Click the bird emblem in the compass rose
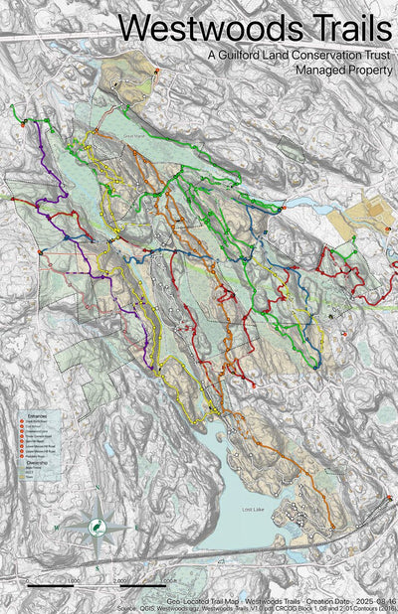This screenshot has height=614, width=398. click(99, 530)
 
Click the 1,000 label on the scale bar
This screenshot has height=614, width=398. click(73, 581)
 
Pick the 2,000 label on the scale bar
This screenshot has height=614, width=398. click(119, 581)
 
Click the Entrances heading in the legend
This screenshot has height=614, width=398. click(36, 417)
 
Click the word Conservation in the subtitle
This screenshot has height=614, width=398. click(314, 57)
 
